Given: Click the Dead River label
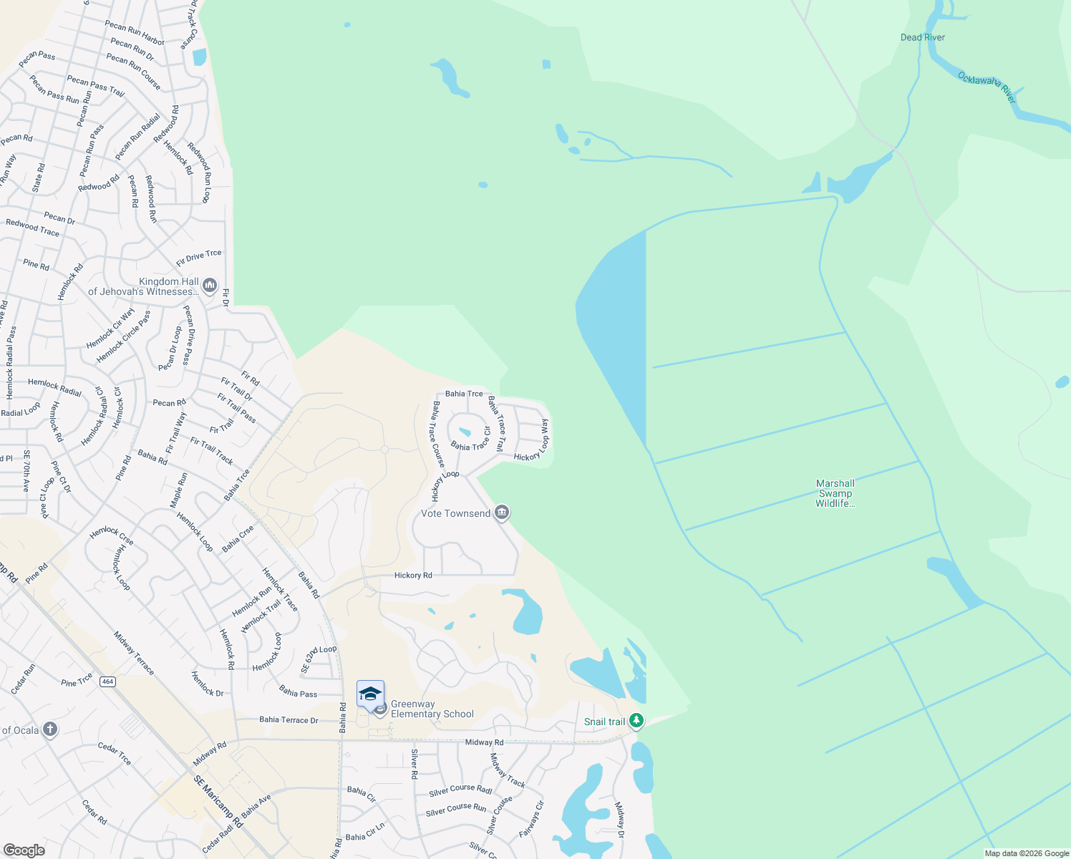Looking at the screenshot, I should click(x=922, y=37).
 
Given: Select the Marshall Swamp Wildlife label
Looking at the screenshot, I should click(x=835, y=493).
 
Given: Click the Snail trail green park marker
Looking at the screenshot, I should click(x=636, y=721).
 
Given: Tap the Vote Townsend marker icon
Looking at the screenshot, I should click(x=502, y=513).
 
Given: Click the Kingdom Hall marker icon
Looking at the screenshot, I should click(x=210, y=286).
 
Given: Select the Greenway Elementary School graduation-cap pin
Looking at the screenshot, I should click(x=370, y=694).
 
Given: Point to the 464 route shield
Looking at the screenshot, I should click(x=107, y=681).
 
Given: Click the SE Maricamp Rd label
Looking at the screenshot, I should click(x=218, y=802).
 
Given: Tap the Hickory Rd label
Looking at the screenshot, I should click(x=413, y=575).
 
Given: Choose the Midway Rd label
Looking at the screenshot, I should click(x=484, y=742).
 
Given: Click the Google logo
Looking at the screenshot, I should click(x=24, y=850).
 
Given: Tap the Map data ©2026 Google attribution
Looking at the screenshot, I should click(x=1027, y=853).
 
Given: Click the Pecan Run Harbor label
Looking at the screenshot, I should click(x=135, y=32).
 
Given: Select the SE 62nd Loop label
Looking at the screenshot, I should click(x=319, y=659).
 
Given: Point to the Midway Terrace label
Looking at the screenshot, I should click(x=134, y=653).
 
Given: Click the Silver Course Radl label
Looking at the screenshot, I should click(x=460, y=790).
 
